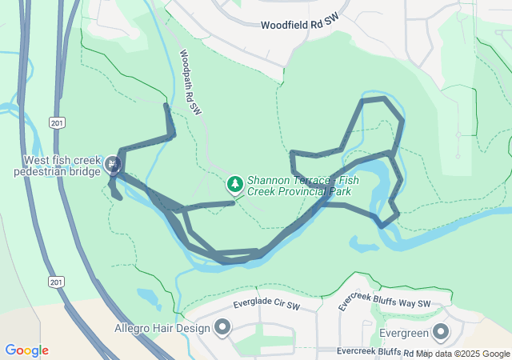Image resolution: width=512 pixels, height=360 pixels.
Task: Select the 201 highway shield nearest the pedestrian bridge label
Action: [55, 123]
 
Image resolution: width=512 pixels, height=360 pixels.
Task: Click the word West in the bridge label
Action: [38, 160]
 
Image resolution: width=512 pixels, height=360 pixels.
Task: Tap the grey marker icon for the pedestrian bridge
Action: [113, 166]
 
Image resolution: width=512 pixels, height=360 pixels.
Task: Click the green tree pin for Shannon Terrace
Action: [235, 186]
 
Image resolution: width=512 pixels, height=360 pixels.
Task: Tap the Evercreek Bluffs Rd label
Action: [374, 352]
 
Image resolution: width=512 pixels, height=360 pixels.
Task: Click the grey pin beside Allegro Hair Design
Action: [222, 327]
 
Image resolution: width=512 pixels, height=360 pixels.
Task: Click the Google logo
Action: [26, 350]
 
